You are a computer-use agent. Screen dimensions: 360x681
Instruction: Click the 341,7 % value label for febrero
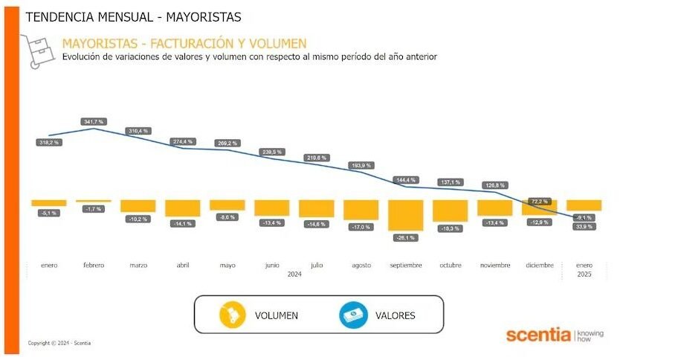pos(94,120)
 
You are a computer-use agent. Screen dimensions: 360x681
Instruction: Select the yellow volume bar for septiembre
pos(406,215)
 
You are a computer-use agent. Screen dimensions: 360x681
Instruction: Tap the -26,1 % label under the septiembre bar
pos(406,237)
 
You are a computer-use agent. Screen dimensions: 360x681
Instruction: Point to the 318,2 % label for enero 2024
pos(49,142)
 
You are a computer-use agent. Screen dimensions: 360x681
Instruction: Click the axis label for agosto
pos(361,265)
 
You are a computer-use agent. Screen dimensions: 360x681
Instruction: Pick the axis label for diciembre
pos(540,265)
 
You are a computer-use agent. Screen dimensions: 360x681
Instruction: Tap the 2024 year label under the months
pos(294,274)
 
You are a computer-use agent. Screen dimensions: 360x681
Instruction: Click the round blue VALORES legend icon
pos(354,315)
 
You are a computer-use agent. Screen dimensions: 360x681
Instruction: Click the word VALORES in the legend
pos(396,315)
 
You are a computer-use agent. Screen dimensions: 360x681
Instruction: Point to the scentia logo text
pos(539,334)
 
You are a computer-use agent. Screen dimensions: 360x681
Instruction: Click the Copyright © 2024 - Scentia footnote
pos(59,343)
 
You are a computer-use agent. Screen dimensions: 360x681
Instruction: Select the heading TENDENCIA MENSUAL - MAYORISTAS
pos(133,16)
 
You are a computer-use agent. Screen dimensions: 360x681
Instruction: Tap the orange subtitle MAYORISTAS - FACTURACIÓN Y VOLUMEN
pos(184,43)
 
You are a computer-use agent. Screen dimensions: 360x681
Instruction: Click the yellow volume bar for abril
pos(183,208)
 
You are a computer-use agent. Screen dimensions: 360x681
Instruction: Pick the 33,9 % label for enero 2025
pos(584,226)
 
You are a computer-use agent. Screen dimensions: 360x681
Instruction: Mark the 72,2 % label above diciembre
pos(540,202)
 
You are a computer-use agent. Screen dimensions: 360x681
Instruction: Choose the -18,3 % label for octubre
pos(451,228)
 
